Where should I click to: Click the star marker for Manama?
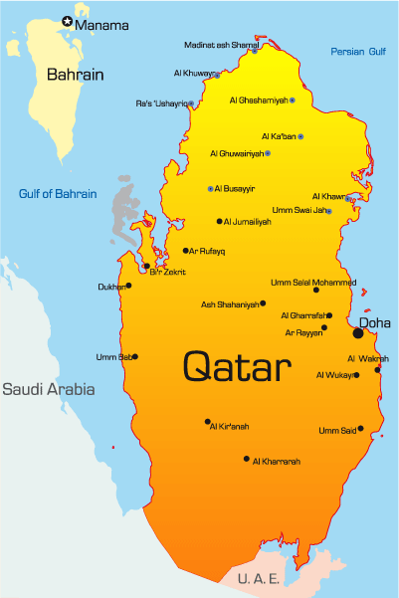coord(68,20)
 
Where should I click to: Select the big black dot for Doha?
coord(358,333)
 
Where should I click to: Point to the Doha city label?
coord(375,322)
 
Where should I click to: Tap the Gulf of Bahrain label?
coord(58,193)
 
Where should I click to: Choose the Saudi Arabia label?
coord(48,389)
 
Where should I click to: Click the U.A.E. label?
coord(258,577)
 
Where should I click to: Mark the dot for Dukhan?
coord(128,286)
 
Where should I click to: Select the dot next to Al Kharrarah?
coord(247,459)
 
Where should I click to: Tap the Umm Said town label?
coord(336,430)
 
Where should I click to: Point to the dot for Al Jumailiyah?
coord(219,221)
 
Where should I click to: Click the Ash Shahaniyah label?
coord(230,304)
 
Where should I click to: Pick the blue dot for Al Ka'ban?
coord(300,136)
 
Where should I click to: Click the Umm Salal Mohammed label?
coord(312,282)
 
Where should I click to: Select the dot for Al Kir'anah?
coord(208,422)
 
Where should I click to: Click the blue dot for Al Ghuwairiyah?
coord(268,153)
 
